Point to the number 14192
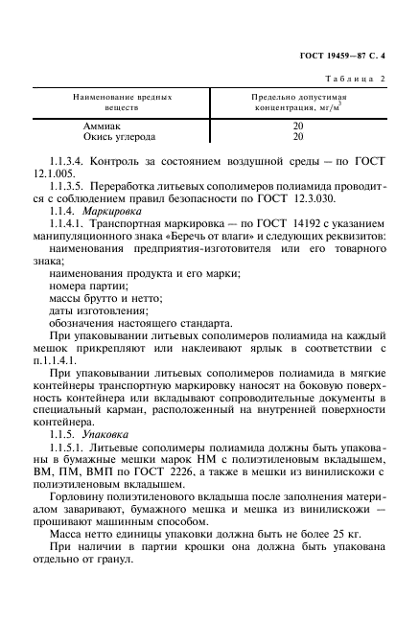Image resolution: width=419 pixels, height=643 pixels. (x=260, y=222)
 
